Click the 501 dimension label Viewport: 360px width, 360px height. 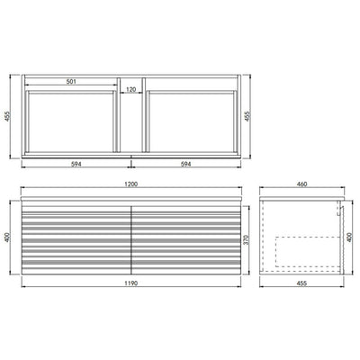click(69, 82)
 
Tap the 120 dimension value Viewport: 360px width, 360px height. click(131, 89)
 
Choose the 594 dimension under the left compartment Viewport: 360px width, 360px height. click(75, 164)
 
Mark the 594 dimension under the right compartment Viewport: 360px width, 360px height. click(186, 164)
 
